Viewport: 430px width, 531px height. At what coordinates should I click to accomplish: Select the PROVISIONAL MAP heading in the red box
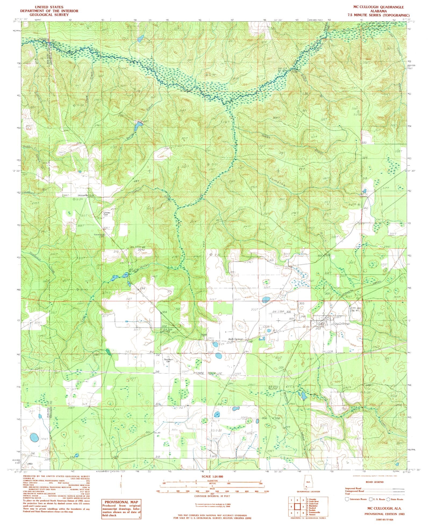click(x=121, y=502)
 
